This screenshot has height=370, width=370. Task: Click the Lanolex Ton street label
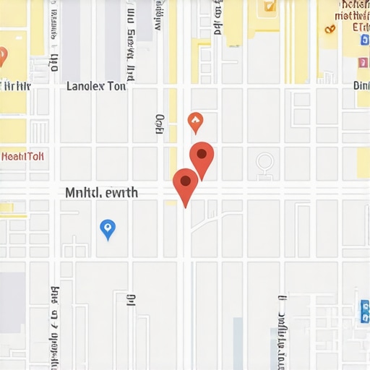pos(96,86)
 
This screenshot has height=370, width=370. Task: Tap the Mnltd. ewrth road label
pos(101,193)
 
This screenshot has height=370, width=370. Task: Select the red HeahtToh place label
pos(22,156)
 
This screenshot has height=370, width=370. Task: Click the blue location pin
pos(108,229)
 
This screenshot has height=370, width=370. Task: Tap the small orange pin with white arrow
pos(194,122)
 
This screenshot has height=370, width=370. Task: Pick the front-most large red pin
pos(186,186)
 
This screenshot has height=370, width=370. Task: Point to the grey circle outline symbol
pos(264,162)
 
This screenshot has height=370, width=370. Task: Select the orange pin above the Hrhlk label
pos(2,56)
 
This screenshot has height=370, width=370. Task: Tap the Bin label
pos(361,85)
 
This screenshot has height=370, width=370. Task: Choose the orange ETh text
pos(360,28)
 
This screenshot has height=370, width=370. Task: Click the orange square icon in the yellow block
pos(270,6)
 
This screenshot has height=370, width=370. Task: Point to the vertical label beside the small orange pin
pos(160,124)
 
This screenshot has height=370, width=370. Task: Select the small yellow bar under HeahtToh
pos(7,208)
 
